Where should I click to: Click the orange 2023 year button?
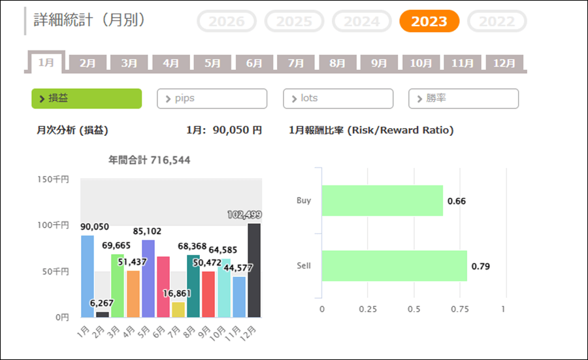pos(429,22)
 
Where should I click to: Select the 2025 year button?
pos(294,22)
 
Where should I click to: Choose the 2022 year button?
pos(497,22)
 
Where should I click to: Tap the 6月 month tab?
pos(254,63)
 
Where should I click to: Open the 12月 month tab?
pos(504,63)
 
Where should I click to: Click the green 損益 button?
pos(86,99)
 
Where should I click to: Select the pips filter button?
pos(212,99)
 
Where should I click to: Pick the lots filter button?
pos(338,99)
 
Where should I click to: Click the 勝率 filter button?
pos(463,99)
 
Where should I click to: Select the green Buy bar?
pos(382,201)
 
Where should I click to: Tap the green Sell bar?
pos(394,266)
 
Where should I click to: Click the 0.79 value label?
pos(480,266)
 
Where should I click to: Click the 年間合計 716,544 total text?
pos(150,160)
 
